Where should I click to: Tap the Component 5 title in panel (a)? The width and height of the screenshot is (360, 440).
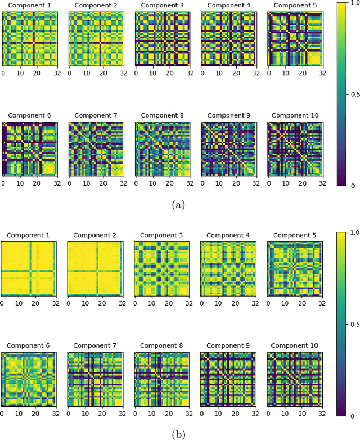(295, 6)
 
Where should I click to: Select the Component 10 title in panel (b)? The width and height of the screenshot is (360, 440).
(295, 345)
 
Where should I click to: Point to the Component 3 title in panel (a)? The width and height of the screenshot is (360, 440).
(161, 6)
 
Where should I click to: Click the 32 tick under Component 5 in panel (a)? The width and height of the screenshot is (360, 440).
(321, 73)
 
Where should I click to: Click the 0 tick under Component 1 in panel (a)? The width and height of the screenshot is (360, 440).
(3, 73)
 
